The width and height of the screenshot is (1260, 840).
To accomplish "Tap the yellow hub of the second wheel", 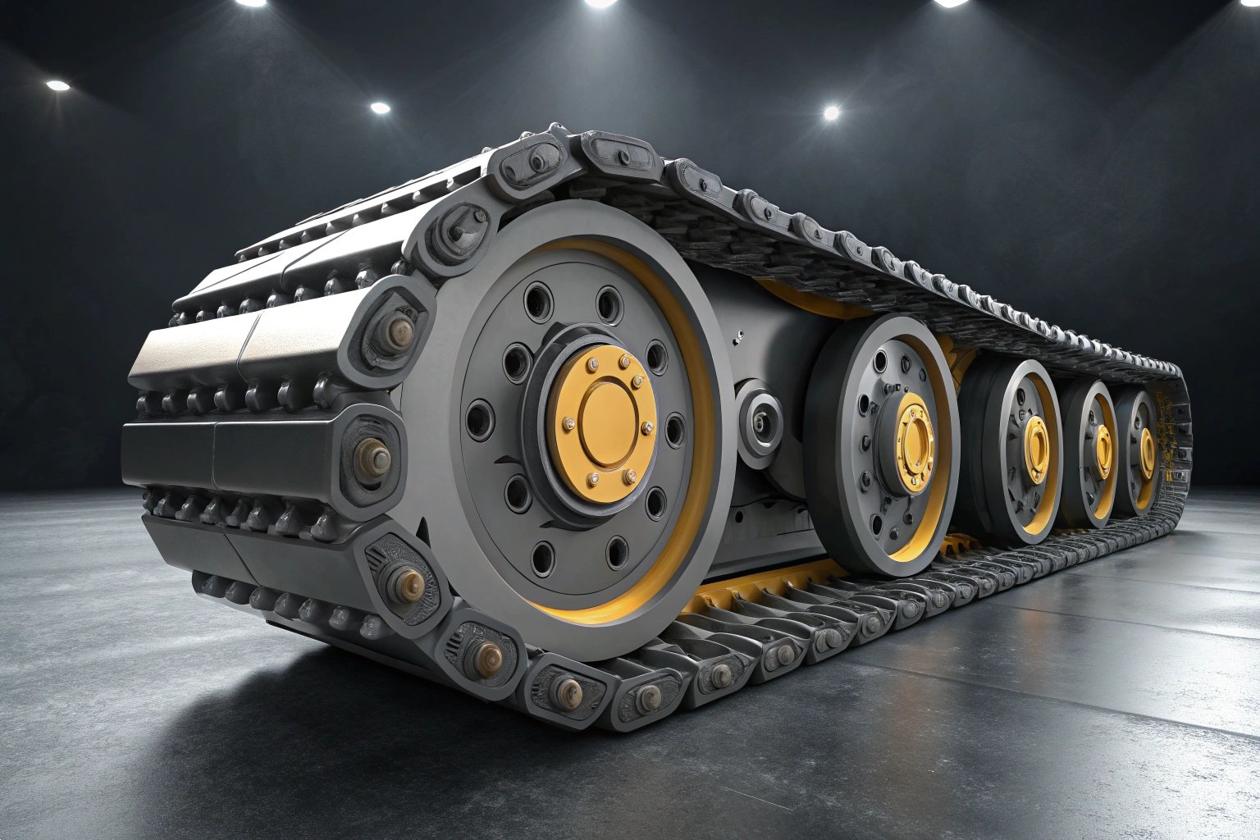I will pyautogui.click(x=912, y=443).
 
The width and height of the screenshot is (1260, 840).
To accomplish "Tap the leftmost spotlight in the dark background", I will pyautogui.click(x=57, y=85).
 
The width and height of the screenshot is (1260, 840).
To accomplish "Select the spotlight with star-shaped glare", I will pyautogui.click(x=831, y=112).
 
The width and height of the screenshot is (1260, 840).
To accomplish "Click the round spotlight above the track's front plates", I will pyautogui.click(x=379, y=107).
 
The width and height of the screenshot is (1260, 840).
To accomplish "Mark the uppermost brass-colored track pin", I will pyautogui.click(x=401, y=331).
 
